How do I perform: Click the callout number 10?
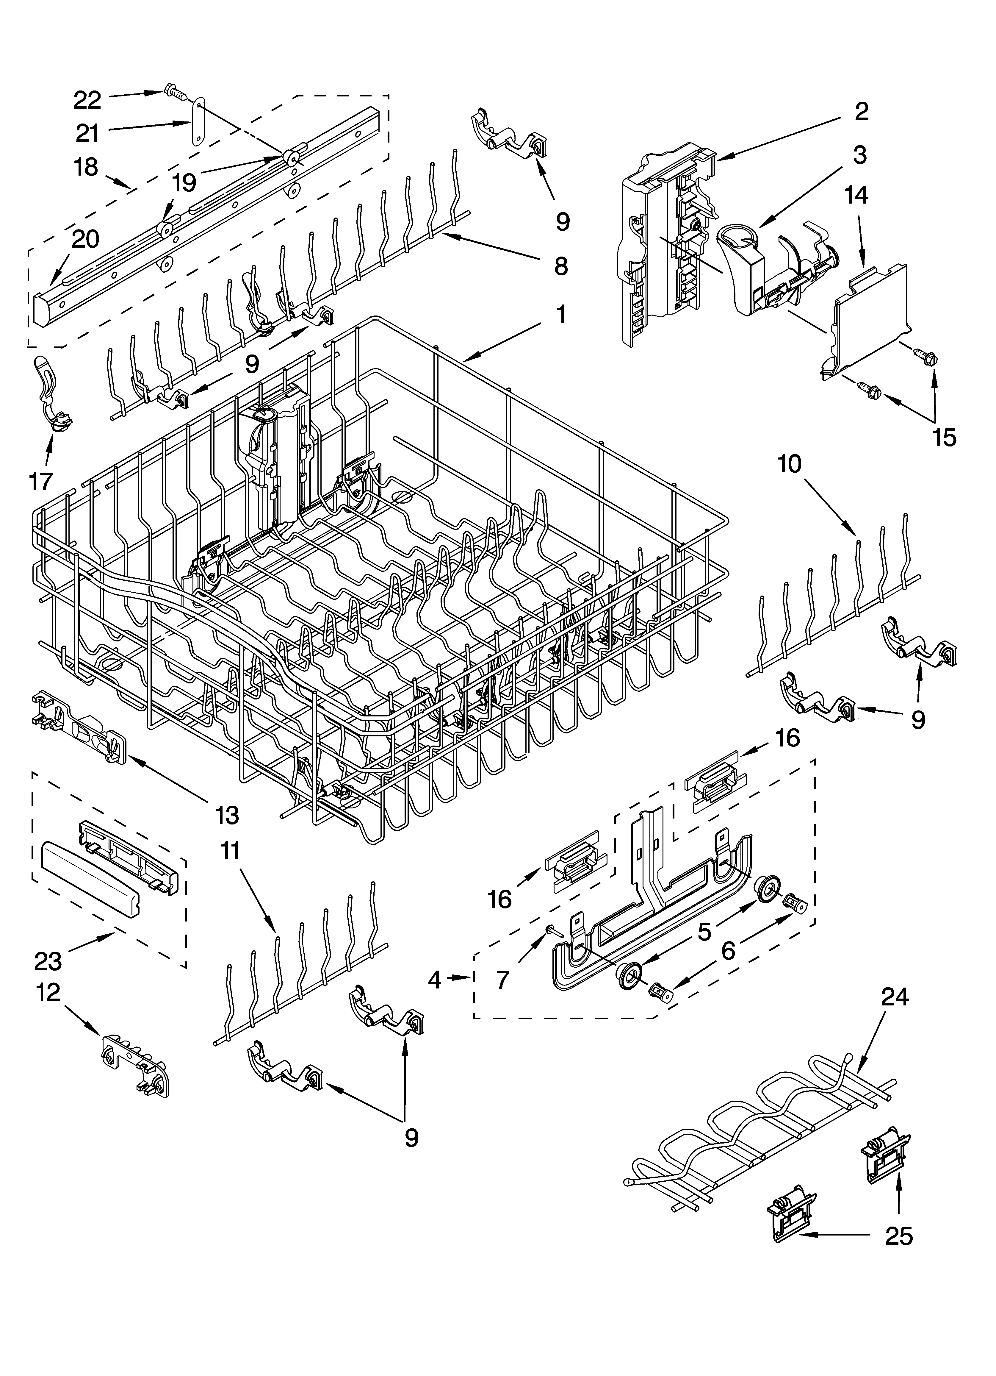(789, 464)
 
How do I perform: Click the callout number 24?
(895, 997)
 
